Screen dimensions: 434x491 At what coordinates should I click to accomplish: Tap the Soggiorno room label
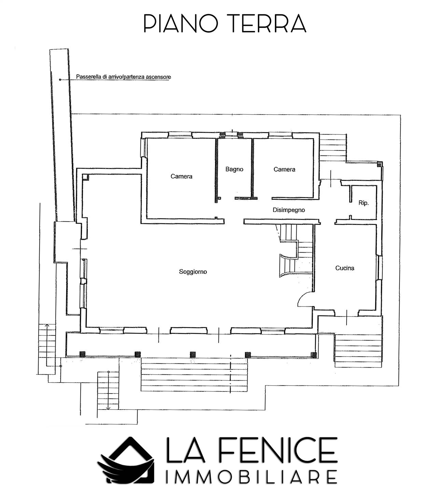click(193, 272)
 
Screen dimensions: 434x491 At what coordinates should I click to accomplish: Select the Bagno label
click(234, 169)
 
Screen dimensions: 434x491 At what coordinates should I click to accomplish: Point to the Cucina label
click(345, 268)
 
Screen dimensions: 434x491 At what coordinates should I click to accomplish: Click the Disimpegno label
click(289, 210)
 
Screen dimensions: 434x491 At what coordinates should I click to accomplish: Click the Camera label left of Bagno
click(181, 176)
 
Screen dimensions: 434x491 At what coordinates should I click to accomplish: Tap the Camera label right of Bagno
click(284, 169)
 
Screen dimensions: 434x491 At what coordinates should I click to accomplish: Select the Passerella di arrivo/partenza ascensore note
click(124, 77)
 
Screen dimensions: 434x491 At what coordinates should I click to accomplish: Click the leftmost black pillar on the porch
click(83, 354)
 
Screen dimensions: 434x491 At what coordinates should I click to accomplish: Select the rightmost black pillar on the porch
click(314, 355)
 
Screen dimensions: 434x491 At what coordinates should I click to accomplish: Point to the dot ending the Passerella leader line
click(60, 79)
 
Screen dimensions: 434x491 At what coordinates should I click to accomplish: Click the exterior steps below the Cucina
click(358, 351)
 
